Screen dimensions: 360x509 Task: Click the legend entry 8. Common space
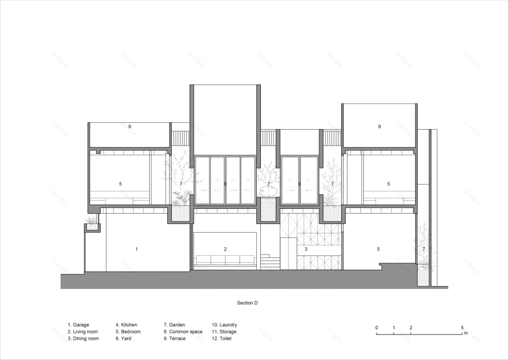click(x=183, y=332)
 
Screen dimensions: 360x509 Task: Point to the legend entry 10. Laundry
click(x=225, y=325)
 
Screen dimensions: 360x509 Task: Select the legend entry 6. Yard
click(x=125, y=339)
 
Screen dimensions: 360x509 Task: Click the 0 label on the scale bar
click(x=377, y=328)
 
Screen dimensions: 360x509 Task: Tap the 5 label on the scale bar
click(x=462, y=328)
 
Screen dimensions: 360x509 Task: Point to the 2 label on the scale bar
click(x=411, y=328)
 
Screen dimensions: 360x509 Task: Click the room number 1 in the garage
click(x=137, y=249)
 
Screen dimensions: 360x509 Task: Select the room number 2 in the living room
click(x=226, y=249)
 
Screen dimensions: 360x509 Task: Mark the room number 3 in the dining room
click(x=305, y=249)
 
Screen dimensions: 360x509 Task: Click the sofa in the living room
click(x=226, y=260)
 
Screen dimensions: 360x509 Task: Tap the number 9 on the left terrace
click(x=130, y=126)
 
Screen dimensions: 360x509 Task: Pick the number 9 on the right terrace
click(x=379, y=126)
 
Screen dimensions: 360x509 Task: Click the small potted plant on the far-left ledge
click(x=91, y=221)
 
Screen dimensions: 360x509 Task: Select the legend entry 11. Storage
click(x=224, y=332)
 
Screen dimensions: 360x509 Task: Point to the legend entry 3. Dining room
click(x=83, y=339)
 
